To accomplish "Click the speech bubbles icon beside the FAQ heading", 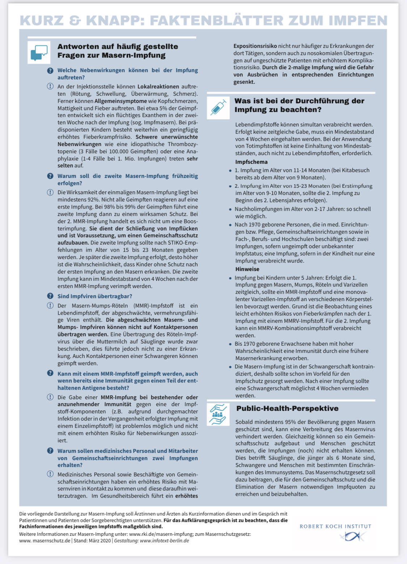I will pos(39,53).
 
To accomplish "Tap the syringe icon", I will pos(218,108).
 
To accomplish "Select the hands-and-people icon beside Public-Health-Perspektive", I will pos(218,414).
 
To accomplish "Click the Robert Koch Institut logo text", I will pos(335,526).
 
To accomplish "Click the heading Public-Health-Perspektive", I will pos(287,409).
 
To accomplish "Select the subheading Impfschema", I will pos(251,162).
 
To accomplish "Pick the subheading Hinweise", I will pos(247,269).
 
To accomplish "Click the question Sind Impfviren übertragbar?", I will pos(95,296).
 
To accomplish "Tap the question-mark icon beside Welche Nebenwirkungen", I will pos(50,71).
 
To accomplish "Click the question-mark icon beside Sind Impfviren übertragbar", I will pos(50,296).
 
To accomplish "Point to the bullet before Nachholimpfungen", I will pos(230,209).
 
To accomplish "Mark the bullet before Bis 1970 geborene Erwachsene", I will pos(230,344).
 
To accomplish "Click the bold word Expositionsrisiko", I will pos(255,46).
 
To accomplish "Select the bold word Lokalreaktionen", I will pos(158,87).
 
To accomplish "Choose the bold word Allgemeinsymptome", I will pos(120,101).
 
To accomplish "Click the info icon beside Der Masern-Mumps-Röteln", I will pos(50,306).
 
